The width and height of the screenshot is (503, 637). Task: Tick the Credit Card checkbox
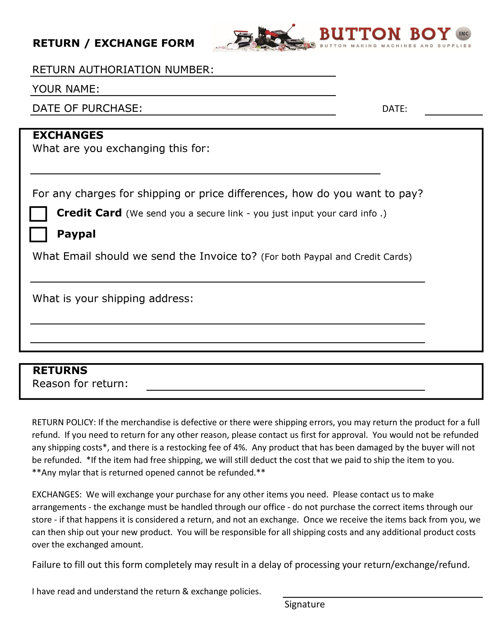click(38, 214)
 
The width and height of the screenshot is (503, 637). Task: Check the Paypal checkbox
click(38, 235)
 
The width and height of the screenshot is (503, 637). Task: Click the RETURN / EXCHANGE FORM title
click(113, 43)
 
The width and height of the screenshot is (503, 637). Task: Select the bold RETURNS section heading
click(60, 370)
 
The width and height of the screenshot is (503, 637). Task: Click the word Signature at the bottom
click(305, 604)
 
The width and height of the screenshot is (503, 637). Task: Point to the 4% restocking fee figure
click(240, 448)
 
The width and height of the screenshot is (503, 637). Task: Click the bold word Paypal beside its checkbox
click(76, 234)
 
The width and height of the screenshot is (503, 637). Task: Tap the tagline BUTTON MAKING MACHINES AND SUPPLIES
click(395, 46)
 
